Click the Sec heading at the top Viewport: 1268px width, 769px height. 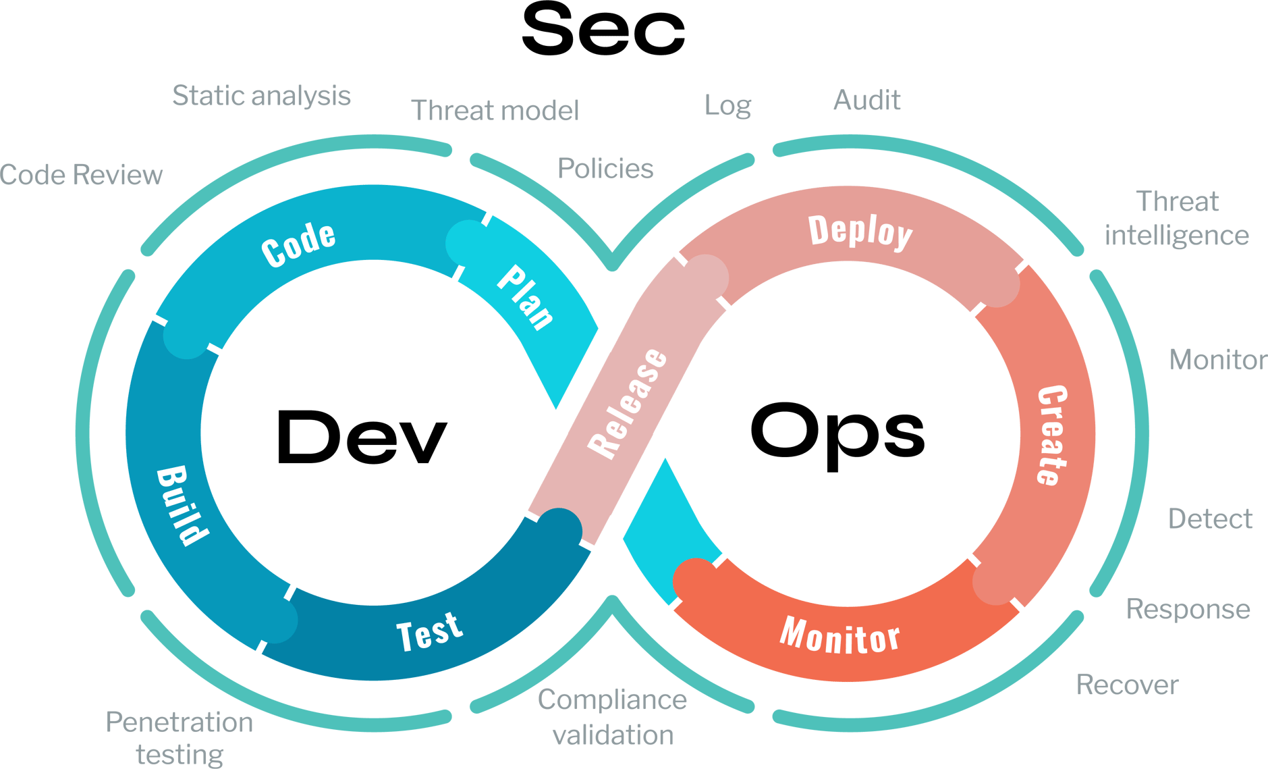603,31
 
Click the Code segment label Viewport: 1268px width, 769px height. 298,244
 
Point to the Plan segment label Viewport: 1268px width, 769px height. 526,298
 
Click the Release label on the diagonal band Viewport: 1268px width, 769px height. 628,403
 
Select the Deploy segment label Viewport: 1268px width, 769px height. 860,232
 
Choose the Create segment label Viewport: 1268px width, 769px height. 1051,435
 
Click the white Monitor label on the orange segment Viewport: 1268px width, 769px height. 839,636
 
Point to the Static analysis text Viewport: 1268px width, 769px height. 261,96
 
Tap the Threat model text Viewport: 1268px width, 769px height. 495,110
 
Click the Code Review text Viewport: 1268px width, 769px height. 82,175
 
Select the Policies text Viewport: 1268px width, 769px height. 605,168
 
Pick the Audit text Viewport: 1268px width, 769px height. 866,100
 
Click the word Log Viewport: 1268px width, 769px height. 727,105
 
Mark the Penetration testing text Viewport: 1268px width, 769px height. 180,738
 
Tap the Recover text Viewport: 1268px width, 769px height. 1127,685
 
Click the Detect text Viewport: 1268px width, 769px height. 1210,519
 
